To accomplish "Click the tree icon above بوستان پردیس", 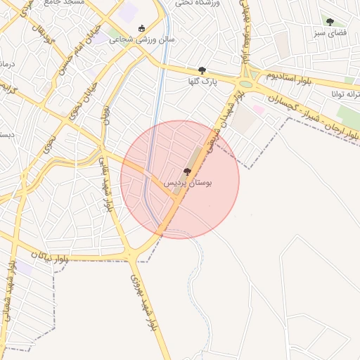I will [186, 172].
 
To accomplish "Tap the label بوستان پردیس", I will [188, 182].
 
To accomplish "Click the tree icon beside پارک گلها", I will [202, 70].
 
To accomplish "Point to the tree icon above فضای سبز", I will [330, 22].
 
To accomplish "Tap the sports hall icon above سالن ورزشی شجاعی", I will [142, 29].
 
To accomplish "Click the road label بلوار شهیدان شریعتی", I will [224, 118].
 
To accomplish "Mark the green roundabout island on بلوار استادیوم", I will [247, 74].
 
